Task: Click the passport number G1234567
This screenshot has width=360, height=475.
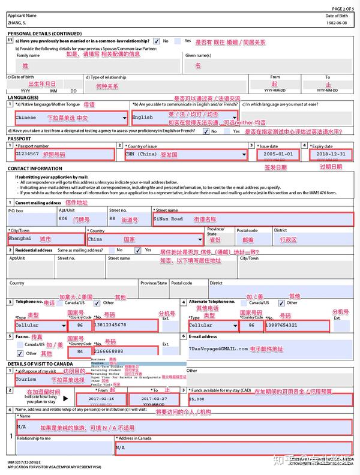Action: pyautogui.click(x=28, y=154)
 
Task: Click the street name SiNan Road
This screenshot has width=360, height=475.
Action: pyautogui.click(x=169, y=219)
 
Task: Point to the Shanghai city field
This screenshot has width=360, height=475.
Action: pyautogui.click(x=20, y=238)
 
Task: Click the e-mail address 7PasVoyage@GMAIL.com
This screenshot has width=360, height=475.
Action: pyautogui.click(x=218, y=348)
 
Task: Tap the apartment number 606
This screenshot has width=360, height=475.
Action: pyautogui.click(x=63, y=219)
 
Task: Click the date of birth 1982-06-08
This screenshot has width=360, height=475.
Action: pyautogui.click(x=340, y=23)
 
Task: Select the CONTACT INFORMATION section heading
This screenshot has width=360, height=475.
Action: pyautogui.click(x=34, y=169)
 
